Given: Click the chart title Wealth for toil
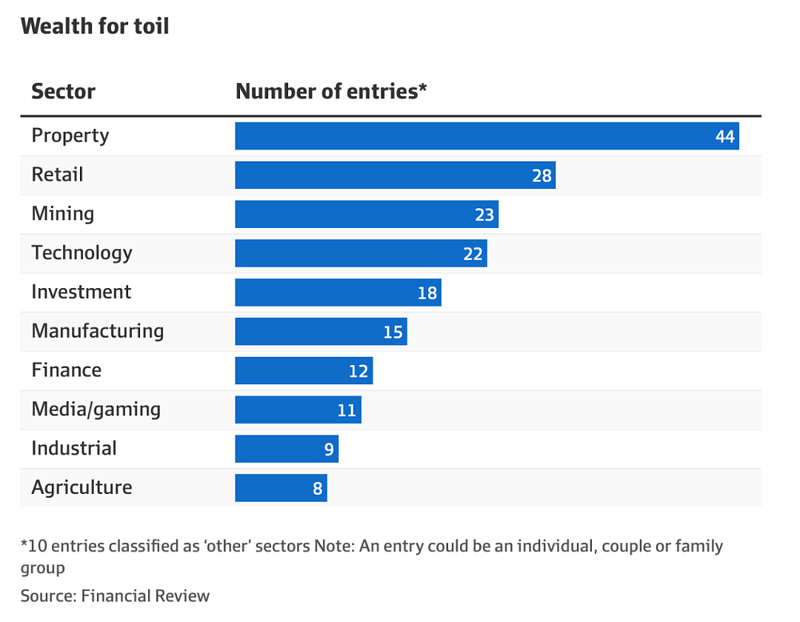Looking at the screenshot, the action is [x=95, y=26].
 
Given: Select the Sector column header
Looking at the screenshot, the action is [x=63, y=91].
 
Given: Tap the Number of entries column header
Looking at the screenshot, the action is [x=330, y=91].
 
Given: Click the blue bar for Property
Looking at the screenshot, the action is [x=487, y=136].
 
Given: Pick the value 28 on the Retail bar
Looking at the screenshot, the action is [x=541, y=176].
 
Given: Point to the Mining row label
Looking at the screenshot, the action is [x=63, y=213].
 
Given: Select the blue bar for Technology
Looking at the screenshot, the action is [x=361, y=253].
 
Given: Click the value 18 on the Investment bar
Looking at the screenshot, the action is [x=427, y=293].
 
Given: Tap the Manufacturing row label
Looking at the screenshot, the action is [x=98, y=331].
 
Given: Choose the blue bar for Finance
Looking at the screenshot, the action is [x=304, y=371].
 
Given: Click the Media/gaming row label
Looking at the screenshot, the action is [x=96, y=409].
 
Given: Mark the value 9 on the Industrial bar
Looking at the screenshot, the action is [x=329, y=449].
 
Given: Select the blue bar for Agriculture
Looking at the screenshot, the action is [x=281, y=488].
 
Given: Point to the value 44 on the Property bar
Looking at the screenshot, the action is [x=724, y=137].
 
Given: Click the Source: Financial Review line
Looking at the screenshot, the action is [x=115, y=595].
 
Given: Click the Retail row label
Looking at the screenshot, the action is [x=57, y=174].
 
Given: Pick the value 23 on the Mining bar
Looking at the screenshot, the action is [x=484, y=215].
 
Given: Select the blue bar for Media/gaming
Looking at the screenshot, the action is [x=298, y=410].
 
